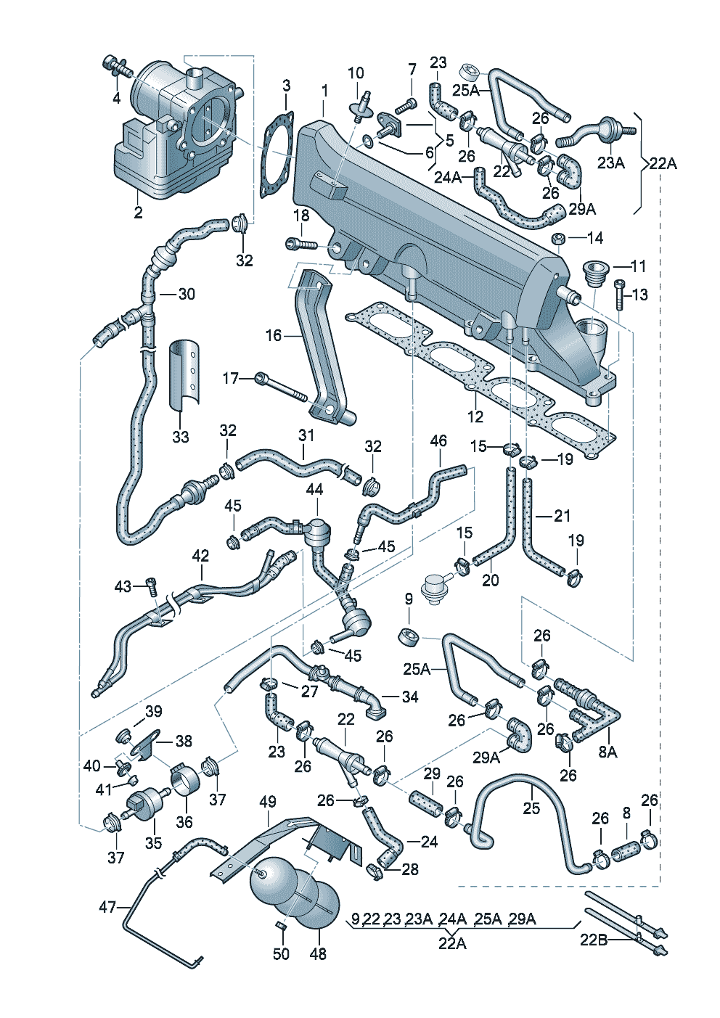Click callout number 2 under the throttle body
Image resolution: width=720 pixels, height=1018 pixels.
click(x=138, y=213)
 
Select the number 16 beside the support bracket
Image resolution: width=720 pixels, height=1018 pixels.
click(x=273, y=335)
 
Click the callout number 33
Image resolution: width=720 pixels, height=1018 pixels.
click(x=180, y=437)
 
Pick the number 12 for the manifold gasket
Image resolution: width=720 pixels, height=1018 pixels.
click(x=475, y=417)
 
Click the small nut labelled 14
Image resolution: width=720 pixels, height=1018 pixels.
click(x=560, y=239)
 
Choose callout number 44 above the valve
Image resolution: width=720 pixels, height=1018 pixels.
click(x=314, y=490)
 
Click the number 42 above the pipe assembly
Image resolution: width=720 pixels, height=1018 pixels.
click(x=200, y=556)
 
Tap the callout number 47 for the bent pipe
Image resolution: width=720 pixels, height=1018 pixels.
click(x=107, y=907)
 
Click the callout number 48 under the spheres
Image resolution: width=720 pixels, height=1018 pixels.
click(x=318, y=954)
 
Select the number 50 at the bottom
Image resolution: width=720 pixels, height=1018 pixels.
click(x=281, y=954)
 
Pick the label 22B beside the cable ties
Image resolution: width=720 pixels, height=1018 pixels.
click(x=594, y=940)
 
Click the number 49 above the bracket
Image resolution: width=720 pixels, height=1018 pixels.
click(x=268, y=802)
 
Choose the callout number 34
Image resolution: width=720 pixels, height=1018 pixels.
click(x=410, y=697)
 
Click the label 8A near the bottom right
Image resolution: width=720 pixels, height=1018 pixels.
click(x=607, y=752)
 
